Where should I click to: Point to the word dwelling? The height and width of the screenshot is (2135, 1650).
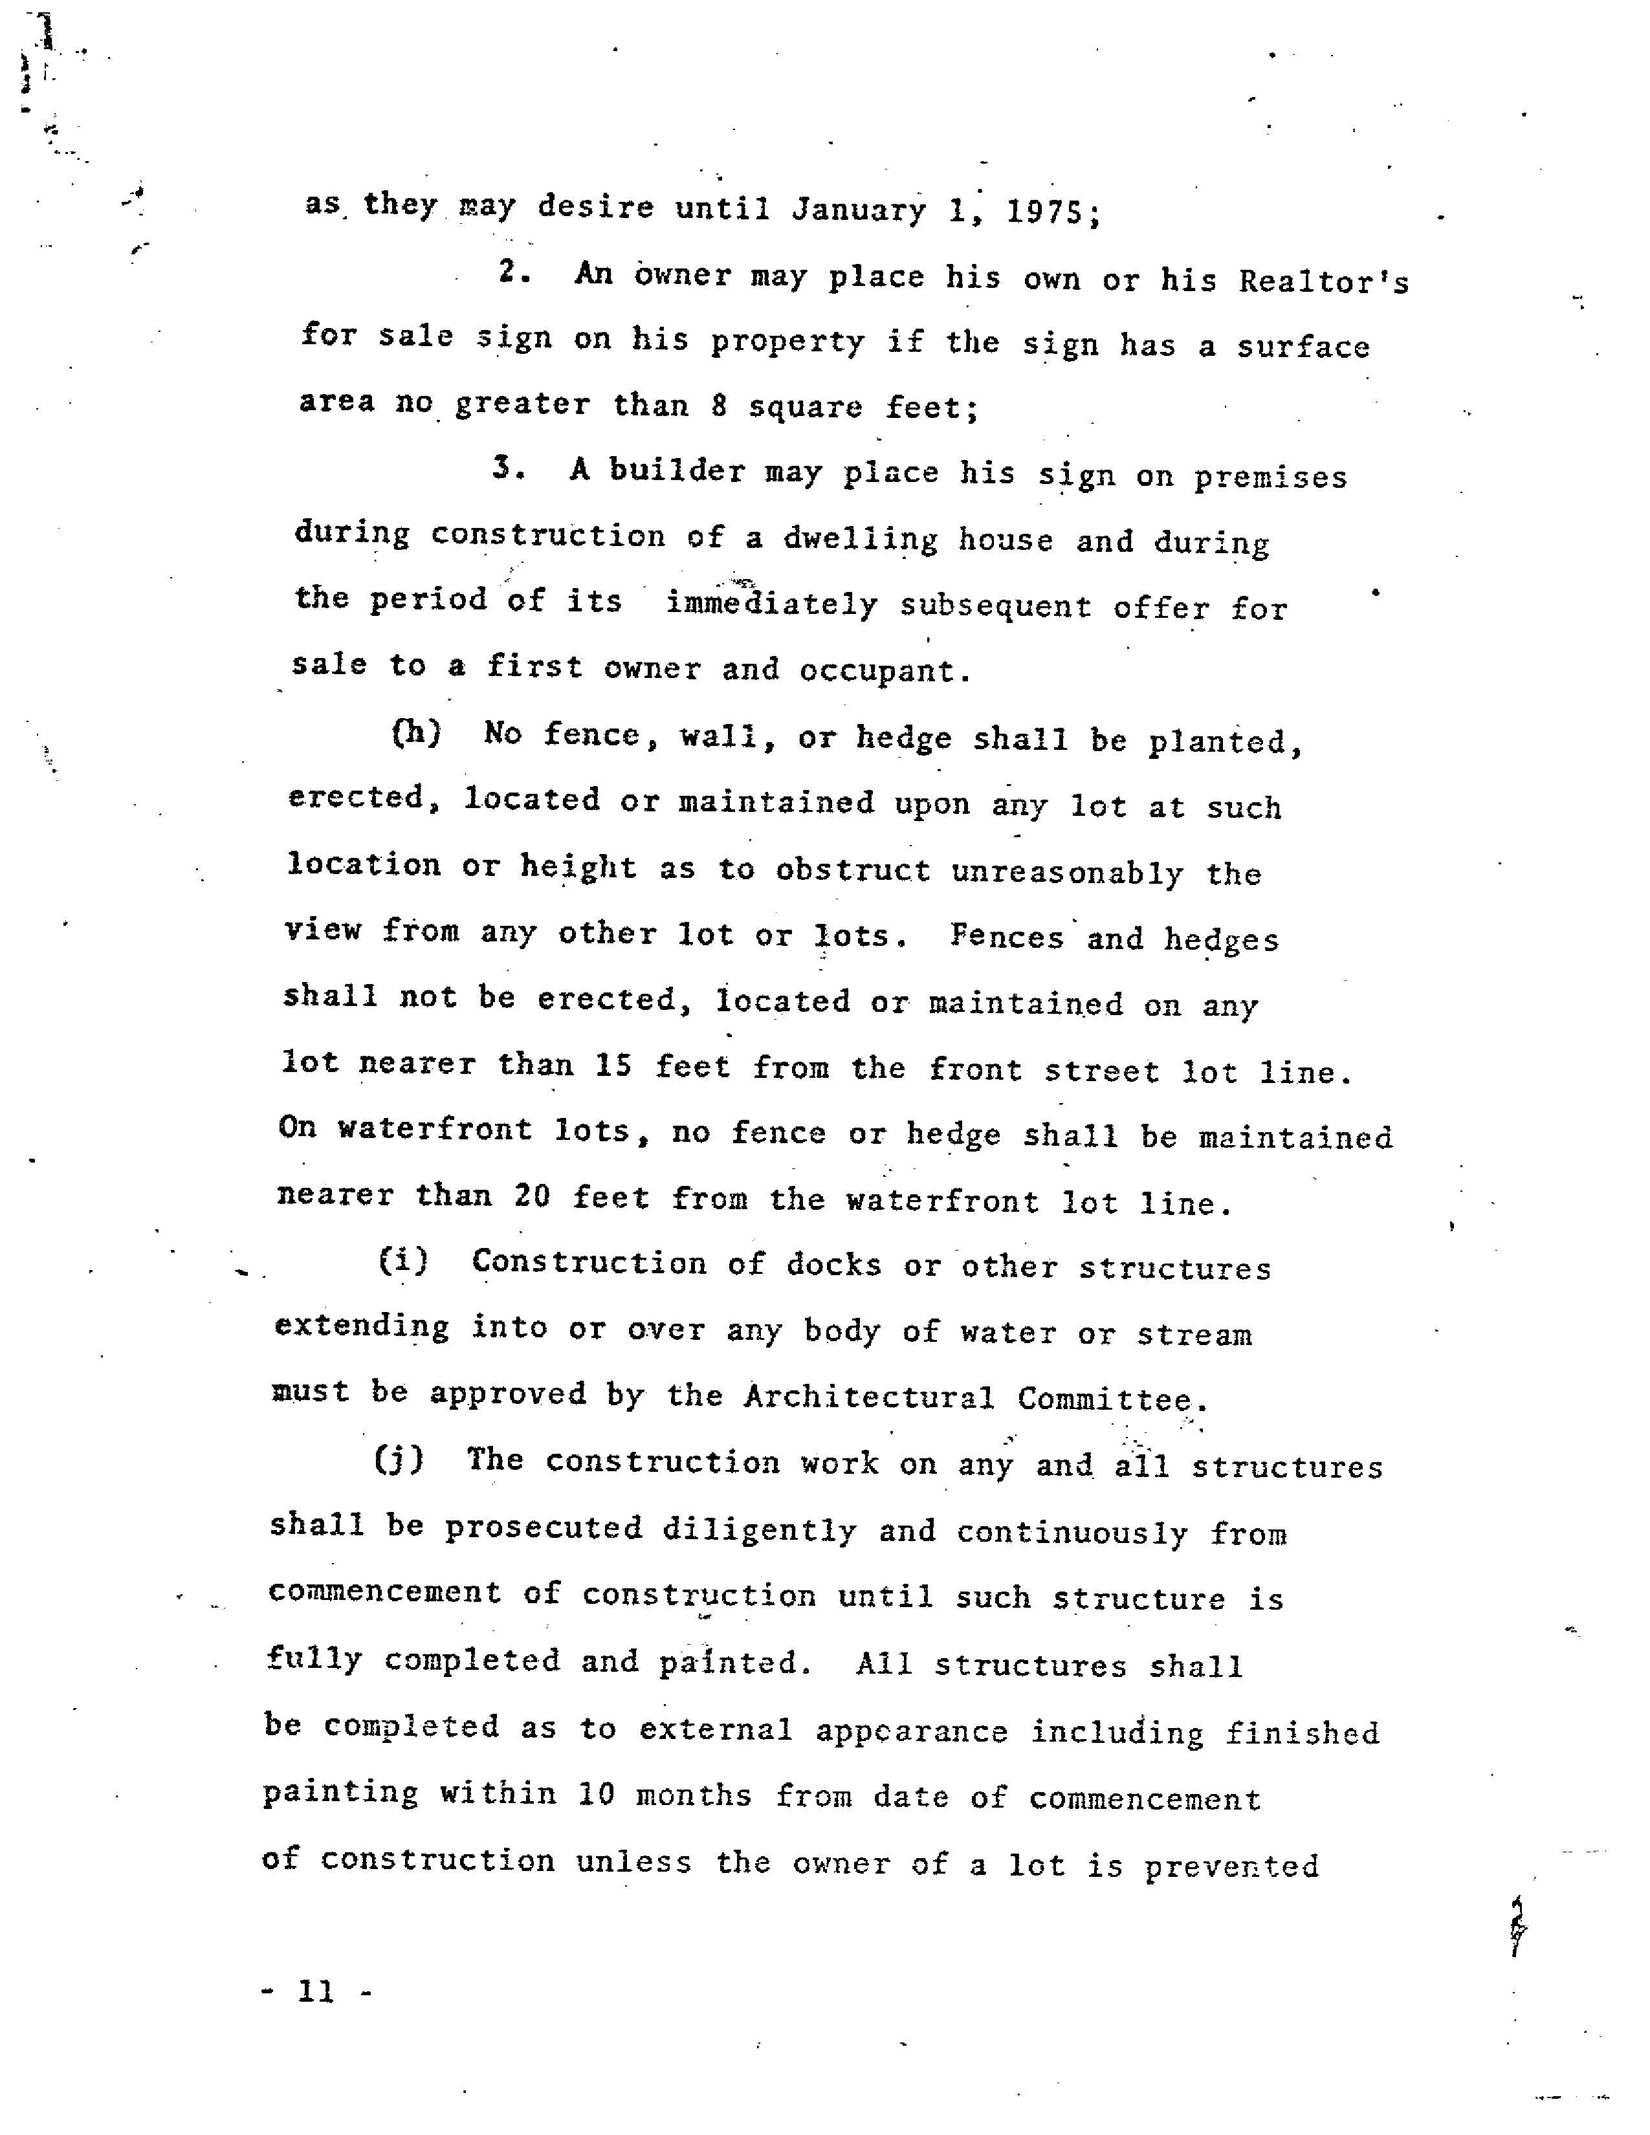[x=859, y=540]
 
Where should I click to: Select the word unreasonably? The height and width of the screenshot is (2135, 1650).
[x=1068, y=872]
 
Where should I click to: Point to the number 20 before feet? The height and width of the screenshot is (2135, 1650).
[x=533, y=1196]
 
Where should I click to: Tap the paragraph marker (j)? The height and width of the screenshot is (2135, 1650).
[x=399, y=1460]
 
